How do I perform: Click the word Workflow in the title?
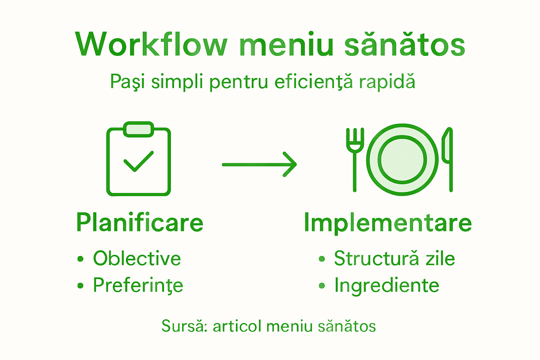[151, 44]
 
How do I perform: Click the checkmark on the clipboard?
[139, 161]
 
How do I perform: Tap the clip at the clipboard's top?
[139, 129]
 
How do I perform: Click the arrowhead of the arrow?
[290, 165]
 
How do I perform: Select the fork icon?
[355, 160]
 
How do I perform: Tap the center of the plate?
[402, 160]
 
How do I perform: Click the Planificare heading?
[140, 223]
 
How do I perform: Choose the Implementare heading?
[388, 223]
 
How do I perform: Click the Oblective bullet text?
[137, 258]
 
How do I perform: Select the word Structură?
[377, 258]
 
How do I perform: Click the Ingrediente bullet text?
[387, 286]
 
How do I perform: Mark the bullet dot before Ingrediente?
[322, 286]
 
